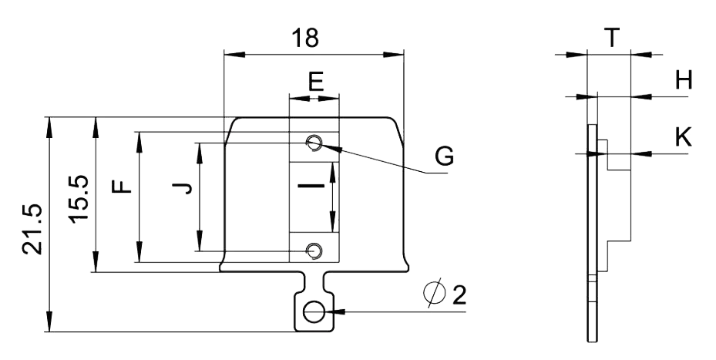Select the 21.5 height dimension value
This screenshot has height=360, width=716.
pyautogui.click(x=32, y=228)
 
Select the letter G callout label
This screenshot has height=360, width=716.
pyautogui.click(x=442, y=156)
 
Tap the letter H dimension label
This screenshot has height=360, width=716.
pyautogui.click(x=683, y=81)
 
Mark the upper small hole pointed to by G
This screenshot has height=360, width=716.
pyautogui.click(x=314, y=143)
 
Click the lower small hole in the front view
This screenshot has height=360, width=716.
pyautogui.click(x=314, y=251)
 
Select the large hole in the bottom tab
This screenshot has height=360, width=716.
pyautogui.click(x=314, y=312)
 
